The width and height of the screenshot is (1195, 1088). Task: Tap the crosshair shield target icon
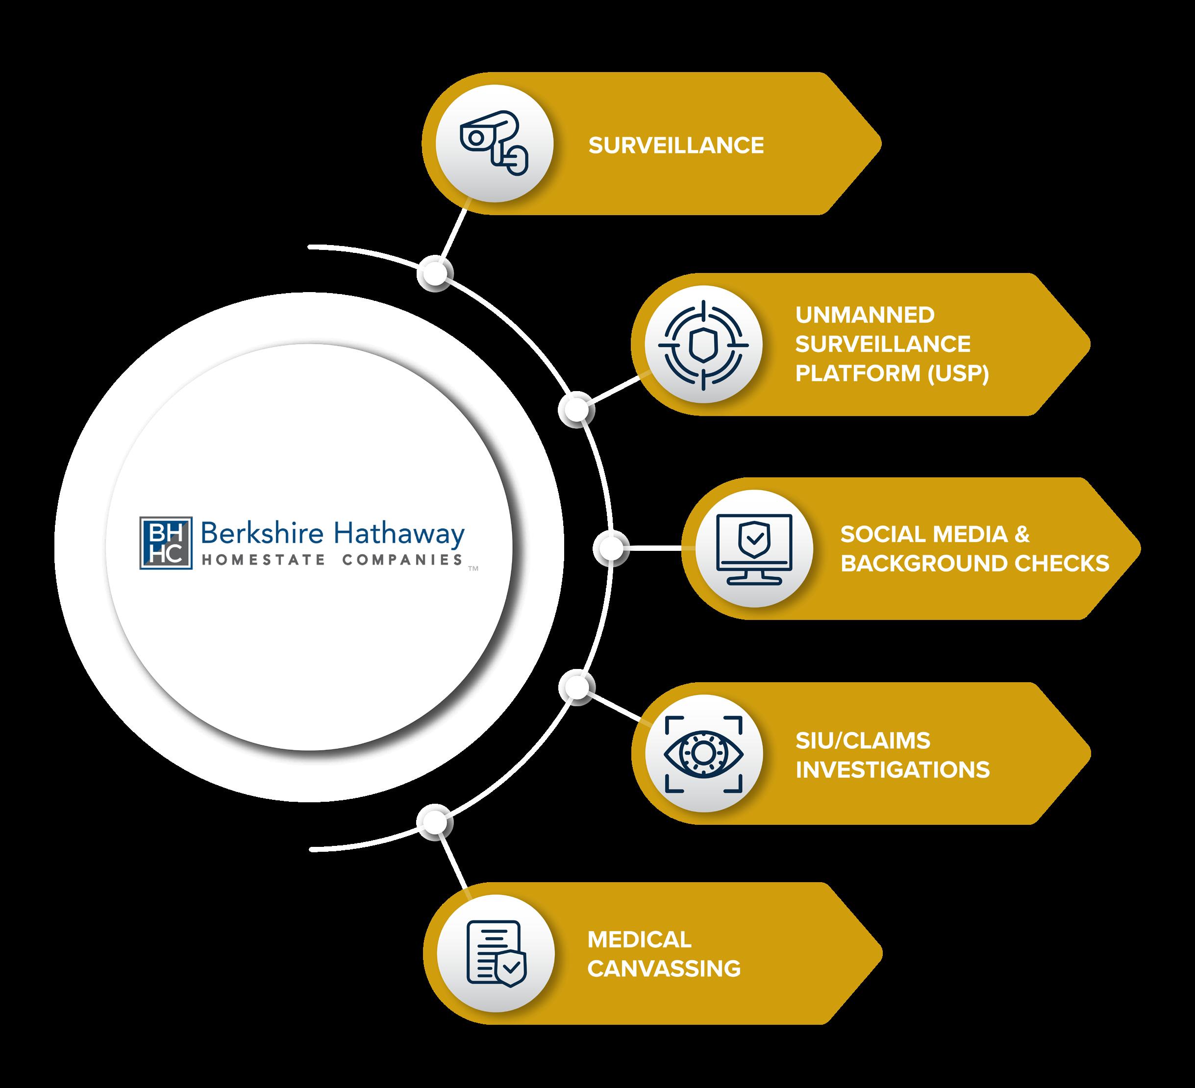703,345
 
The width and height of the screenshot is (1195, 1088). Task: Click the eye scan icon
703,753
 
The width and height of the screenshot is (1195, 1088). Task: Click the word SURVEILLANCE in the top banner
676,146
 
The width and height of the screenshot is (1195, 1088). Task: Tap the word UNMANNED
865,315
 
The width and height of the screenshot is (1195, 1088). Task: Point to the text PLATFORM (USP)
892,373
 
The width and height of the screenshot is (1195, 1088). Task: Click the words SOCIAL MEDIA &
935,535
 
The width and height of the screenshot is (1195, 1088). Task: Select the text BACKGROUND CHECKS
974,564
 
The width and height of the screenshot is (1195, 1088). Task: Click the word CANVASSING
664,969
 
